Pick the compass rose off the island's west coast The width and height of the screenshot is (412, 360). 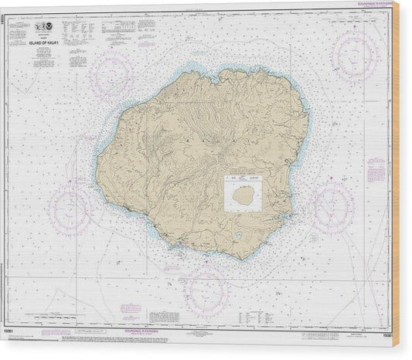(70, 207)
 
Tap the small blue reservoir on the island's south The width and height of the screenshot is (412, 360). (240, 235)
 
